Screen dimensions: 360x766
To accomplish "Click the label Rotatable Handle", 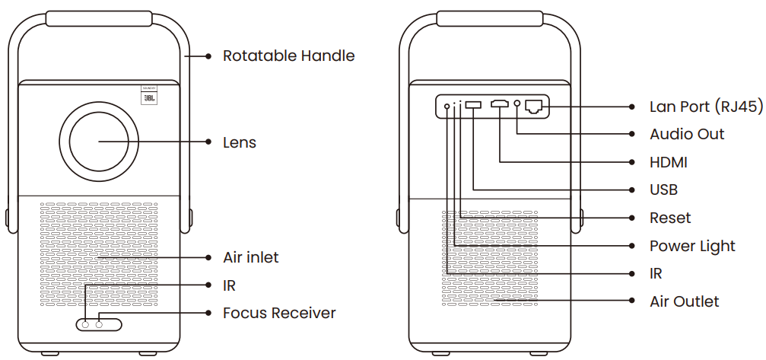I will (x=288, y=56).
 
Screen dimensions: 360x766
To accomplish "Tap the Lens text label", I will (x=239, y=142).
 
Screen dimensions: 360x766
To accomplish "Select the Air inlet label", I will (x=250, y=257).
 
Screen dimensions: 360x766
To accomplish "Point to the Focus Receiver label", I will (x=278, y=313).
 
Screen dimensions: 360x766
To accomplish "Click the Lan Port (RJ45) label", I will (x=705, y=107).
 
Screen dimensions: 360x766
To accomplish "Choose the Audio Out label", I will (x=687, y=134).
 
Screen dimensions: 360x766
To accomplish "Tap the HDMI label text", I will (x=668, y=162).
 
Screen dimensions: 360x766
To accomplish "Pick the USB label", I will (x=663, y=190).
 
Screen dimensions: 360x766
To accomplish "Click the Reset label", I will (x=670, y=218).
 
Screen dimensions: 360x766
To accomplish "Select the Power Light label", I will (x=692, y=246).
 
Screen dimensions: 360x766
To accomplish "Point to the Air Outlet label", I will (x=684, y=301).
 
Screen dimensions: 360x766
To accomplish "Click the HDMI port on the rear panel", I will (x=500, y=105).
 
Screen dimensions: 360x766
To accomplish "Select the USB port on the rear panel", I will (x=472, y=105).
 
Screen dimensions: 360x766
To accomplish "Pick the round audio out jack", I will (x=517, y=105).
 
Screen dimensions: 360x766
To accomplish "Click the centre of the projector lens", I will (x=100, y=142).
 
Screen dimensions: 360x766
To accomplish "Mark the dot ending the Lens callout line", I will (x=208, y=142).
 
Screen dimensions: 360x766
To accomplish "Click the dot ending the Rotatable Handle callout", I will (x=208, y=56).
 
